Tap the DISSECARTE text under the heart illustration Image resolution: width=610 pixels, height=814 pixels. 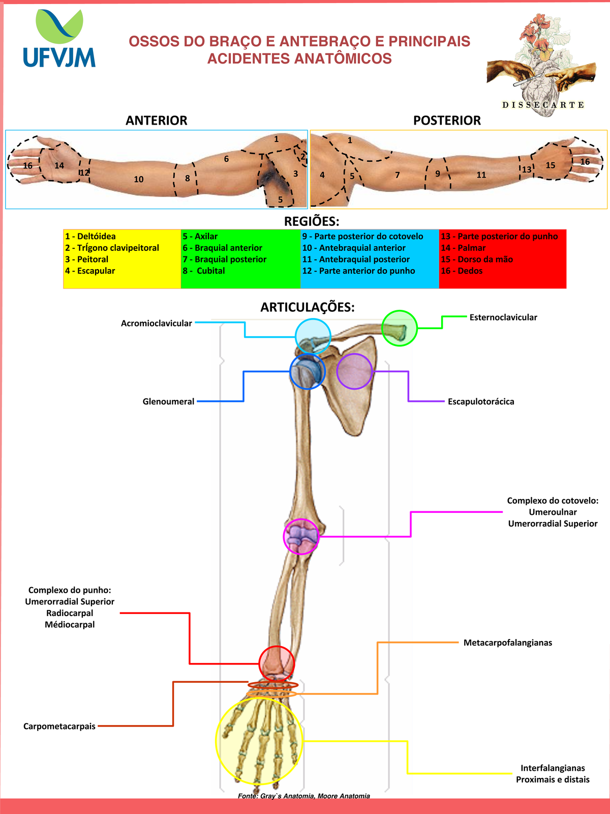[x=543, y=105]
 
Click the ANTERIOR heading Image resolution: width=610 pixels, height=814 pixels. [x=157, y=121]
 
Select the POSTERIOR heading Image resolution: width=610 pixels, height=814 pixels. [x=447, y=121]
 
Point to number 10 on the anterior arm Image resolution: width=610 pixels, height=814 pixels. [x=139, y=179]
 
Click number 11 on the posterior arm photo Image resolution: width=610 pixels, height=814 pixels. [x=481, y=175]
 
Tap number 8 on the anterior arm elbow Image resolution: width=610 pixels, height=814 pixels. [x=188, y=179]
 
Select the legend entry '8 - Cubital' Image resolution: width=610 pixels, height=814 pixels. [x=204, y=271]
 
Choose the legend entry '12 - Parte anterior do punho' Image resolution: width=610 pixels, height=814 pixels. [x=358, y=271]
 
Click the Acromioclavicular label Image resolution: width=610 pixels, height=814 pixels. [x=157, y=324]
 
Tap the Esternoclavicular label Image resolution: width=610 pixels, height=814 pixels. [x=503, y=317]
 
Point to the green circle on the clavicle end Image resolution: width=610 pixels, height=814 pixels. [x=400, y=328]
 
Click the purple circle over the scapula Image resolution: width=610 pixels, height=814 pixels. [x=354, y=372]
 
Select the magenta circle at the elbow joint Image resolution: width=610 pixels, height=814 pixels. [x=301, y=536]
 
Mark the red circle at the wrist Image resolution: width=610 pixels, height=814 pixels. [x=277, y=663]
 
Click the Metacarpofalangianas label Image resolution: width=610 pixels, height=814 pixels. [x=507, y=643]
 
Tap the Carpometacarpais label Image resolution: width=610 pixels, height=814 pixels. [x=59, y=726]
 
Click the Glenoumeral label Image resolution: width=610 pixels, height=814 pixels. [x=168, y=402]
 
